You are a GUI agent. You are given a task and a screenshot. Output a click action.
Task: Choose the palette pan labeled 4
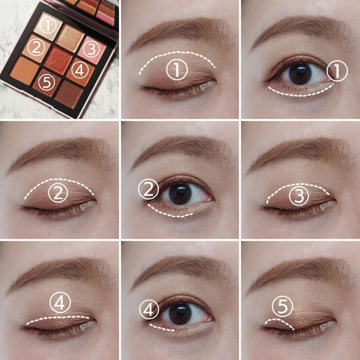click(x=79, y=70)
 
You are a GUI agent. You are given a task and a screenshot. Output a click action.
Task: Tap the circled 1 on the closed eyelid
click(x=177, y=70)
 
